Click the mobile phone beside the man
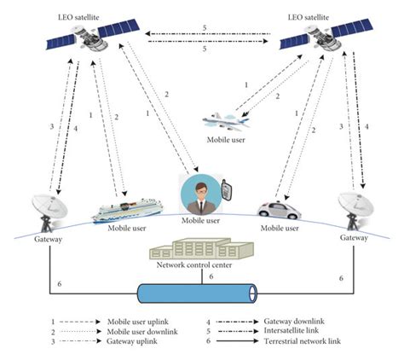tap(227, 189)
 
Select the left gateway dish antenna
tap(47, 208)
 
